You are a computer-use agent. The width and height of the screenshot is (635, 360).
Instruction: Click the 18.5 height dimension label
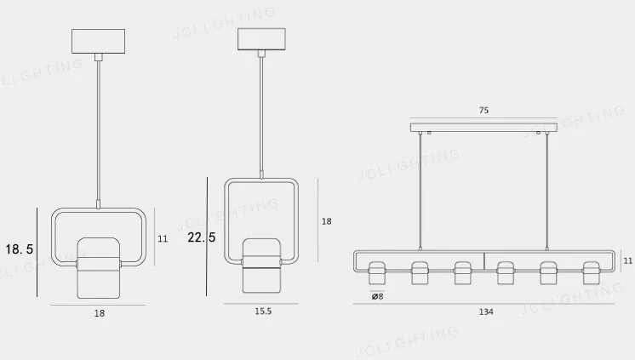(x=19, y=249)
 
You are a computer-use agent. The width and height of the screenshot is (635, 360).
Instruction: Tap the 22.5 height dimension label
(x=201, y=237)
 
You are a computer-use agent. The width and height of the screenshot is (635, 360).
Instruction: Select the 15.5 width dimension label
(x=263, y=311)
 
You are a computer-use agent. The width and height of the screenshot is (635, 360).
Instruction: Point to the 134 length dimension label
(x=486, y=311)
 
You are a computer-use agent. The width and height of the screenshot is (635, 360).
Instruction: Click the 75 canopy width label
(x=484, y=110)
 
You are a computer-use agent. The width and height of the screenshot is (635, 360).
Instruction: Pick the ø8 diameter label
(x=377, y=296)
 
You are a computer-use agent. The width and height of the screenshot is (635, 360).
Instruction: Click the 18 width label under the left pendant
(x=100, y=313)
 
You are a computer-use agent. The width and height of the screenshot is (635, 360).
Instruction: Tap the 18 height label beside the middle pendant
(x=326, y=221)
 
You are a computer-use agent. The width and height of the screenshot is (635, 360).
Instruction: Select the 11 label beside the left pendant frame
(x=163, y=239)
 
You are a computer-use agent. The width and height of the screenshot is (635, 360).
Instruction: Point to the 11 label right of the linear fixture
(x=627, y=260)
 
